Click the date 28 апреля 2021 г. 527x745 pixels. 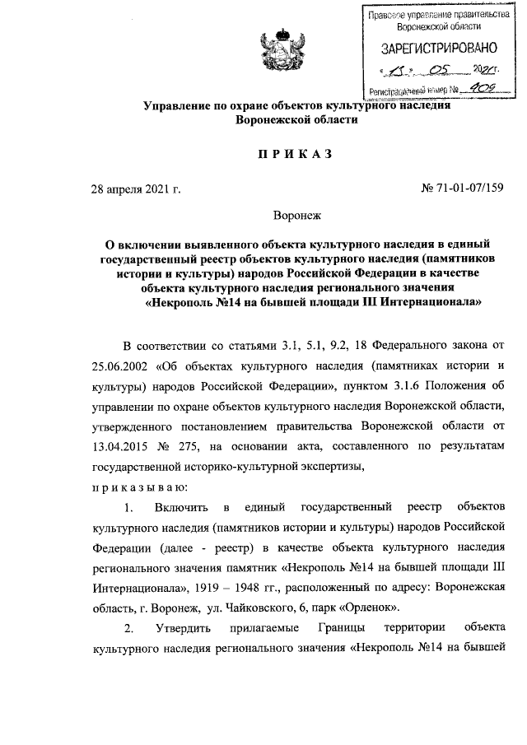[135, 190]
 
